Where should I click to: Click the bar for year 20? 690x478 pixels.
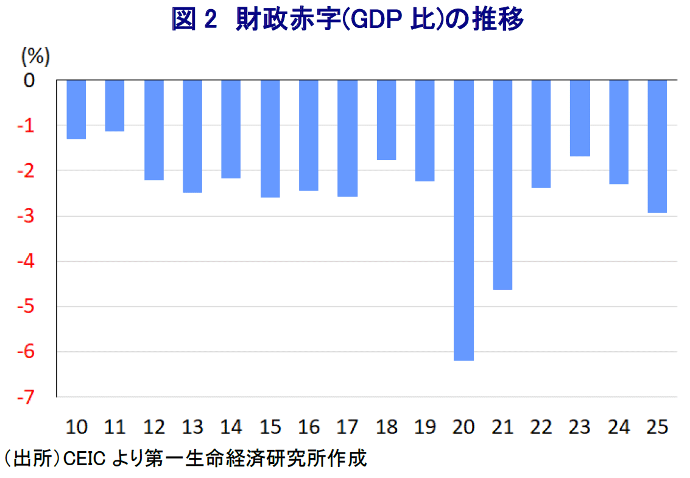[463, 220]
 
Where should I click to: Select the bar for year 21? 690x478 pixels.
[502, 185]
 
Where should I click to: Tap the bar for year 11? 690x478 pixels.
[114, 105]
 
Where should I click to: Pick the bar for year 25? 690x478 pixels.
[657, 146]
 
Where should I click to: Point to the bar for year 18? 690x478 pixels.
[386, 119]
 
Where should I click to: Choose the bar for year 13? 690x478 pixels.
[192, 136]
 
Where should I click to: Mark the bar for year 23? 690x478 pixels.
[580, 118]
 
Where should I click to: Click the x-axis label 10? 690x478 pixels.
[76, 427]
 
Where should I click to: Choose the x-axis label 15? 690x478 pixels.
[270, 427]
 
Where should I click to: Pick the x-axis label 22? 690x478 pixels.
[541, 427]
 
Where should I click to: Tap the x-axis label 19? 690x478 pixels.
[425, 427]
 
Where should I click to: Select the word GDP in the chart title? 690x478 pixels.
[362, 21]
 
